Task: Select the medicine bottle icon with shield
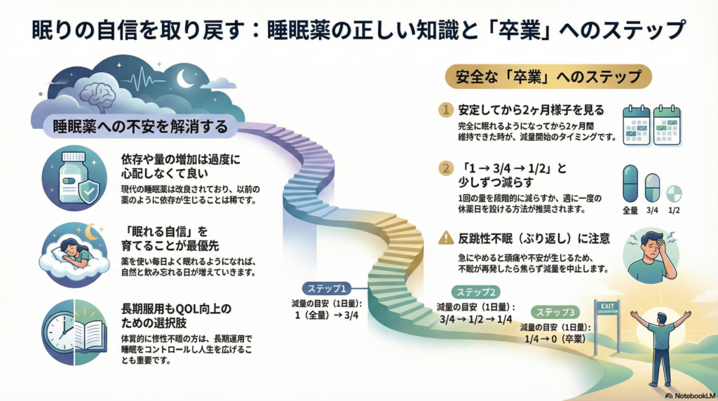(74, 178)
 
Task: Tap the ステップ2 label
(477, 292)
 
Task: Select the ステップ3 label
(554, 312)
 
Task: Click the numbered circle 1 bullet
(445, 110)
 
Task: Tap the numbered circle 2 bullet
(445, 169)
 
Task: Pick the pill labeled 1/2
(674, 193)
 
